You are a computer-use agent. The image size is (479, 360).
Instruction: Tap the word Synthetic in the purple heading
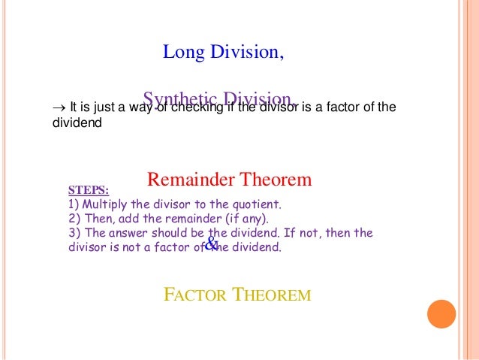pyautogui.click(x=175, y=99)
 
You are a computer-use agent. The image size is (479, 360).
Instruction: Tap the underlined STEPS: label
pyautogui.click(x=88, y=190)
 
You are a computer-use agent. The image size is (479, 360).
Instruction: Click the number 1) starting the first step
pyautogui.click(x=73, y=204)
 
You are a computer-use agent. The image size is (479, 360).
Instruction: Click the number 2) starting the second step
pyautogui.click(x=74, y=219)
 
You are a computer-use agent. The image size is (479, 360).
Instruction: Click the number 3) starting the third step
pyautogui.click(x=74, y=233)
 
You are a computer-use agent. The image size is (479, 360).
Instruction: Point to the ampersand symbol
pyautogui.click(x=211, y=244)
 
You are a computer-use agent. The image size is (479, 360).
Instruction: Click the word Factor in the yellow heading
pyautogui.click(x=196, y=295)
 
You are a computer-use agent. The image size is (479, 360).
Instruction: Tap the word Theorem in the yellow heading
pyautogui.click(x=271, y=295)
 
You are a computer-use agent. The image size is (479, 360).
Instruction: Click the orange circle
pyautogui.click(x=441, y=314)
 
